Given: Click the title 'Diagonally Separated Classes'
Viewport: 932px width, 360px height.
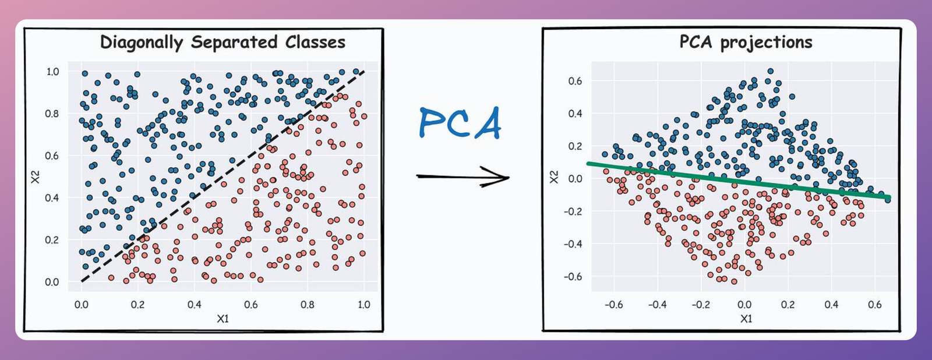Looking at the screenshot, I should [x=223, y=43].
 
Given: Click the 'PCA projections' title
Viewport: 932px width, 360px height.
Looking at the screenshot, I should [x=746, y=43].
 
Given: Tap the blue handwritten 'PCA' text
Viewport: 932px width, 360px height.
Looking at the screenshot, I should [x=460, y=123].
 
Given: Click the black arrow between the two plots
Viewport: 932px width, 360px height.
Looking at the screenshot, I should [x=463, y=177].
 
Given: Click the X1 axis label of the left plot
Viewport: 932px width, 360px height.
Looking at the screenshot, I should [x=223, y=319].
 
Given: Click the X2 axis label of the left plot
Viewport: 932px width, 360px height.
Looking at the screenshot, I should [x=36, y=177].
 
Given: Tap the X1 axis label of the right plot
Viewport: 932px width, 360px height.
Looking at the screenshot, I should [x=746, y=319].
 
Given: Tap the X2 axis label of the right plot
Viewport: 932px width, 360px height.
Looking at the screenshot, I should [x=554, y=177].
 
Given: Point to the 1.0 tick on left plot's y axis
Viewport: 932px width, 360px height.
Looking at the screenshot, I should [x=52, y=72].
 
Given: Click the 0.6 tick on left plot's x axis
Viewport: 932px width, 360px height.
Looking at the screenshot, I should [x=251, y=305].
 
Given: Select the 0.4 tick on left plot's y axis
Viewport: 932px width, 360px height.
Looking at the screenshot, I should [x=52, y=198].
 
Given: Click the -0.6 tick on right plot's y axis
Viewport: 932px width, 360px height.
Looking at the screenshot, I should [x=573, y=277].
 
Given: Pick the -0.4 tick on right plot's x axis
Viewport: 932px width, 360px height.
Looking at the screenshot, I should [x=657, y=305].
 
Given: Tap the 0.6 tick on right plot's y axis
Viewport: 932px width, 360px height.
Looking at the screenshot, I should [x=575, y=81].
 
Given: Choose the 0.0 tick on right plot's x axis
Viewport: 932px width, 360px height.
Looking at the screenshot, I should [x=744, y=305].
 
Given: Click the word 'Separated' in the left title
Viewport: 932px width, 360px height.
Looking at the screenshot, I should [x=234, y=43].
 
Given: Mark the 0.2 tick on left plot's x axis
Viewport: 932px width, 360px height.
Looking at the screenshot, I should [x=137, y=305].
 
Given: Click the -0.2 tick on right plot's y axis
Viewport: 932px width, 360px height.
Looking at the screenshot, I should [x=573, y=211].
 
